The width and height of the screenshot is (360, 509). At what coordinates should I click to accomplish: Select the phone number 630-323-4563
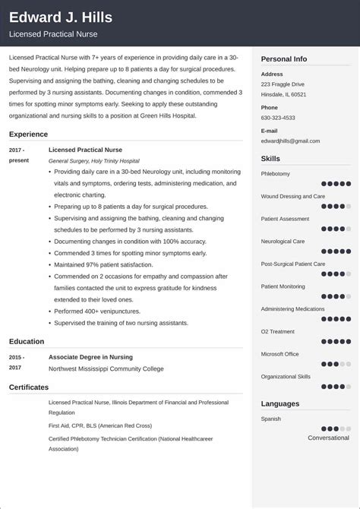[279, 118]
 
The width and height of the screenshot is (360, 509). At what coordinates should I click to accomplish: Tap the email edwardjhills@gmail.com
[290, 141]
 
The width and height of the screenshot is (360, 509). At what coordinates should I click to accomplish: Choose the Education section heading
[27, 341]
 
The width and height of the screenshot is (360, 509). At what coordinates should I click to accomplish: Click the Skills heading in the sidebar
[270, 159]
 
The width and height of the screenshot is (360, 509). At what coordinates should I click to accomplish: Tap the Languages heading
[279, 403]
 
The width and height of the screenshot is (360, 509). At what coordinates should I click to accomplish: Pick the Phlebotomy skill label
[276, 173]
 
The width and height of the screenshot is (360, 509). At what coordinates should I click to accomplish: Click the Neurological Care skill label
[283, 241]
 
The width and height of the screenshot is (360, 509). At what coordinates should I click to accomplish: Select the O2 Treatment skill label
[278, 331]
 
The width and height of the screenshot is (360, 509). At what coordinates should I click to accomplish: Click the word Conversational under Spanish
[328, 438]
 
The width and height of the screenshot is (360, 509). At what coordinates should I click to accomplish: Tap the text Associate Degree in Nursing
[90, 356]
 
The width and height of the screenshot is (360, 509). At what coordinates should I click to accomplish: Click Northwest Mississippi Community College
[106, 368]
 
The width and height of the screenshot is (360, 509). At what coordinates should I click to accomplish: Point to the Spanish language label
[270, 419]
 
